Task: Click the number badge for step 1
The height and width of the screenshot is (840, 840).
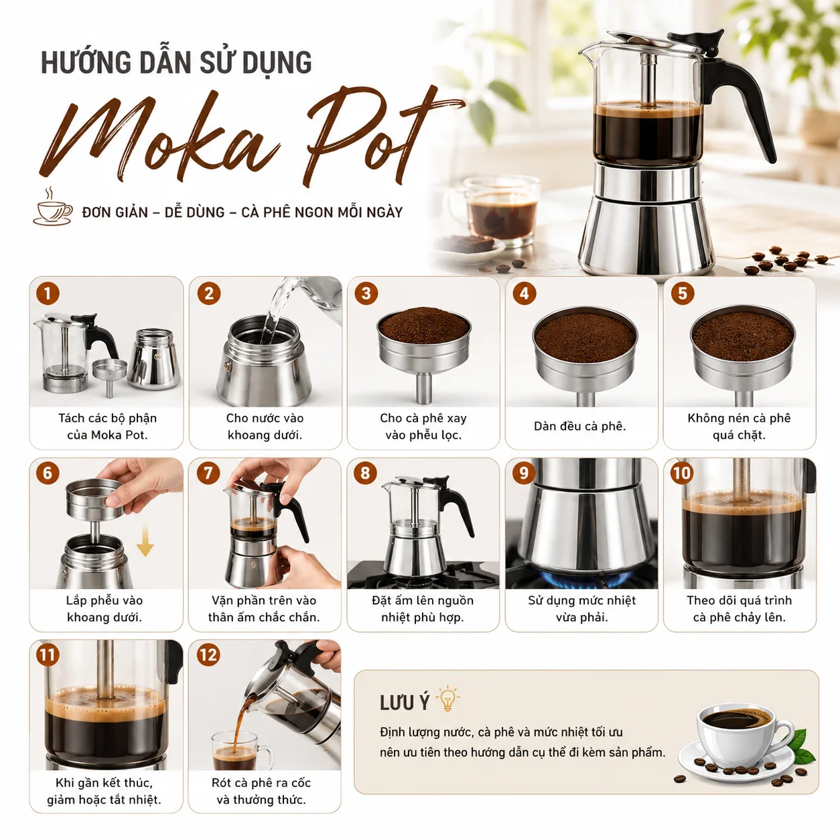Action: point(48,293)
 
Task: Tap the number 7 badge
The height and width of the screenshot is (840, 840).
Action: point(208,473)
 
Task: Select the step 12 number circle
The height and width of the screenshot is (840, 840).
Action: point(208,654)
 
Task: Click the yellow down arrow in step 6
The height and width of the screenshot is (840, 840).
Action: point(145,541)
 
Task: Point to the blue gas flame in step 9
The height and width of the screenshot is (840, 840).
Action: point(585,579)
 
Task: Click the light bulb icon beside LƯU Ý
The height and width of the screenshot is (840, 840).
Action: point(447,699)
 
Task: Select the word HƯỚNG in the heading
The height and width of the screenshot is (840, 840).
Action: point(86,62)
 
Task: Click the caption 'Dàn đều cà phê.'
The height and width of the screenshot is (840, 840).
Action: point(580,426)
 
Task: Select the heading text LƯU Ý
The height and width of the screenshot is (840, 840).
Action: point(405,702)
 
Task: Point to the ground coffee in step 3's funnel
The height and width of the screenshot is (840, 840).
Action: point(424,325)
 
